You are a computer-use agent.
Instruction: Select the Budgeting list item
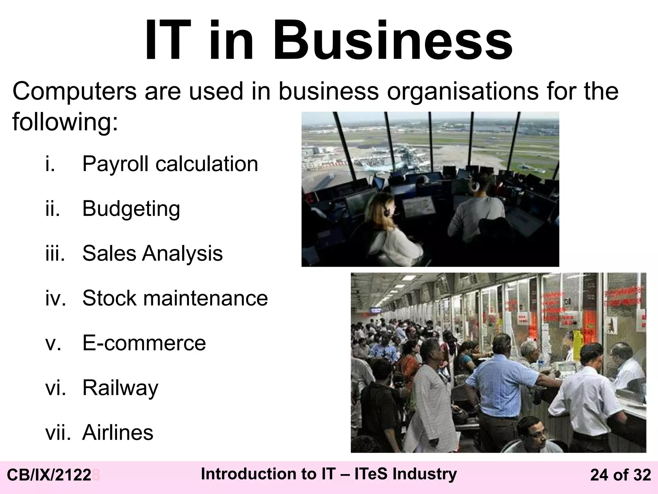point(131,209)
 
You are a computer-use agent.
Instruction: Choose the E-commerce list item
point(144,343)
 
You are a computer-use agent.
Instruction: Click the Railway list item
point(120,388)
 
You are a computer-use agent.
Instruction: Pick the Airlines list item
point(118,433)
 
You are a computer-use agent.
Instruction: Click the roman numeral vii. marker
point(58,433)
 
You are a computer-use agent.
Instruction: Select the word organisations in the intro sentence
point(463,91)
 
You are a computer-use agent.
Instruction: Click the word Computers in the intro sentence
point(74,91)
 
